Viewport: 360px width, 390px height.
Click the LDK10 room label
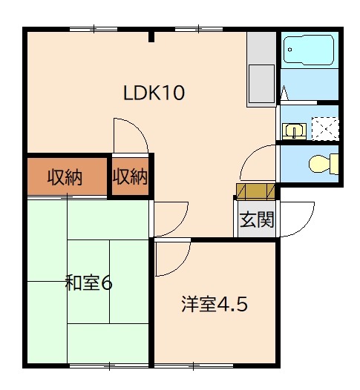coord(153,93)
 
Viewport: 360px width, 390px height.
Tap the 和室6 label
coord(88,282)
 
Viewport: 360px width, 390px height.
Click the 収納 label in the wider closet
coord(65,177)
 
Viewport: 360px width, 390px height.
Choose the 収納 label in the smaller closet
coord(130,177)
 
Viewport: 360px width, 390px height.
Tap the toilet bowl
coord(321,162)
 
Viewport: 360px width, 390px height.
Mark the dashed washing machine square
coord(324,128)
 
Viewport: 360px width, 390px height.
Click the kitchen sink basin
coord(262,79)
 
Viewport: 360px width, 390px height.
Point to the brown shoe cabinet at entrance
coord(256,191)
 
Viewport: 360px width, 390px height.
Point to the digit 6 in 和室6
coord(107,282)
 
